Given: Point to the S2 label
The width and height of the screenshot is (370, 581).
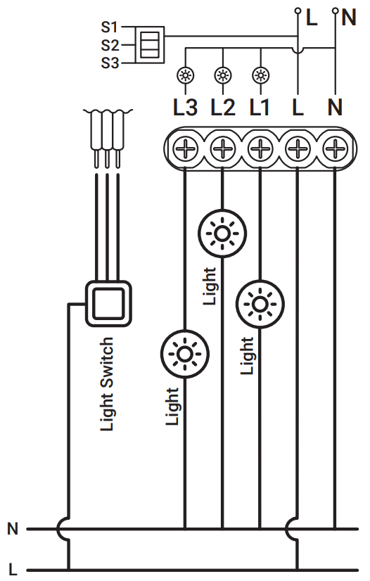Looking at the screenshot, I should coord(108,45).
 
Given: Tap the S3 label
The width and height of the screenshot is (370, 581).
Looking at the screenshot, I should coord(108,63).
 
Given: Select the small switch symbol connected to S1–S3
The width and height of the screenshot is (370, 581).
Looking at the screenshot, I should coord(149,44).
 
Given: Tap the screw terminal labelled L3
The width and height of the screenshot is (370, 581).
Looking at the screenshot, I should coord(185,148).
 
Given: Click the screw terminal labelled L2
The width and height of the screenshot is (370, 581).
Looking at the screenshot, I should coord(223,148).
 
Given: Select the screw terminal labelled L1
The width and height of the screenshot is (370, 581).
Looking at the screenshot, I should coord(261,148).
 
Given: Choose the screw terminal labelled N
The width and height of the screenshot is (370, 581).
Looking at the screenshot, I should coord(336,148).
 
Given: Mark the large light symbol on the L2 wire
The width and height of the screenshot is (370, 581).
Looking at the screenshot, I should coord(222,233).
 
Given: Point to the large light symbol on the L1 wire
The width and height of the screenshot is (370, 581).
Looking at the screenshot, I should coord(260,304).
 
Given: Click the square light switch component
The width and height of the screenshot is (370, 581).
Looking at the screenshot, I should coord(108,302).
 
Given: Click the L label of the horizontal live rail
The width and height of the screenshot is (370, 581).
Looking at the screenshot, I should coord(13,568).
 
